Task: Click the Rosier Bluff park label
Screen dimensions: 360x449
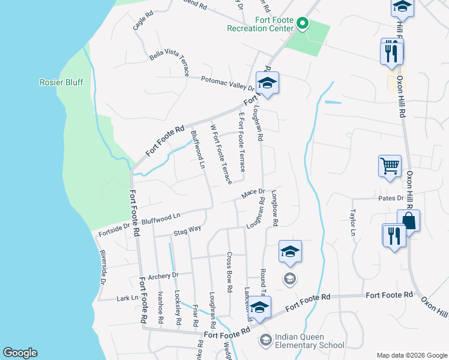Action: tap(61, 82)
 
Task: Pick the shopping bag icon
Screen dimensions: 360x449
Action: tap(409, 220)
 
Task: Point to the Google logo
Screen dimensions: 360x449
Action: tap(20, 353)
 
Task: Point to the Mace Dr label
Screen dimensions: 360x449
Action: tap(253, 193)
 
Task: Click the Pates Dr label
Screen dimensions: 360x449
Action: tap(391, 198)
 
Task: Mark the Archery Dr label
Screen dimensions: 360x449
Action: tap(163, 276)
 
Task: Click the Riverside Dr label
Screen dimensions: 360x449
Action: tap(102, 267)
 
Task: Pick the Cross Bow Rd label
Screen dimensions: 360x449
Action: tap(229, 271)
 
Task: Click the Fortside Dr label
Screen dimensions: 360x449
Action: tap(114, 226)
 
